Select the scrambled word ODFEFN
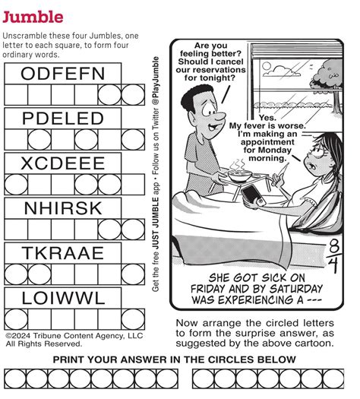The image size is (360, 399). pyautogui.click(x=62, y=74)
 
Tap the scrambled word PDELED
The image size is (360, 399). pyautogui.click(x=62, y=119)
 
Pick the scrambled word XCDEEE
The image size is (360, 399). pyautogui.click(x=62, y=163)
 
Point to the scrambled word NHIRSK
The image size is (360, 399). pyautogui.click(x=62, y=208)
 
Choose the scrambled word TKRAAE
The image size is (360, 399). pyautogui.click(x=62, y=253)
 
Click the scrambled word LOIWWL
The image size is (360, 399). pyautogui.click(x=62, y=298)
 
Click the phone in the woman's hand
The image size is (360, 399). pyautogui.click(x=251, y=197)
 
